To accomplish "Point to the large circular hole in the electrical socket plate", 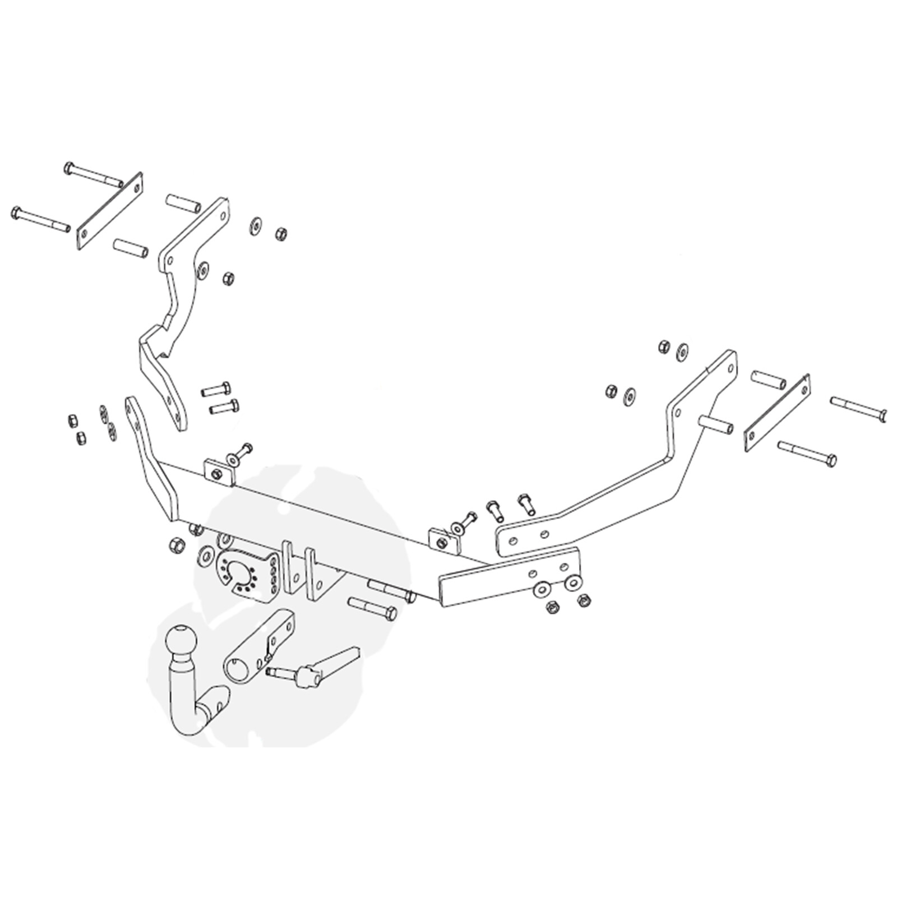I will (x=245, y=577).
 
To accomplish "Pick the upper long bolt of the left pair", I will (x=94, y=174).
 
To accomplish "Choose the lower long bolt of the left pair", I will (x=40, y=219).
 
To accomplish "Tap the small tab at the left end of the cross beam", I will (x=219, y=473).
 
